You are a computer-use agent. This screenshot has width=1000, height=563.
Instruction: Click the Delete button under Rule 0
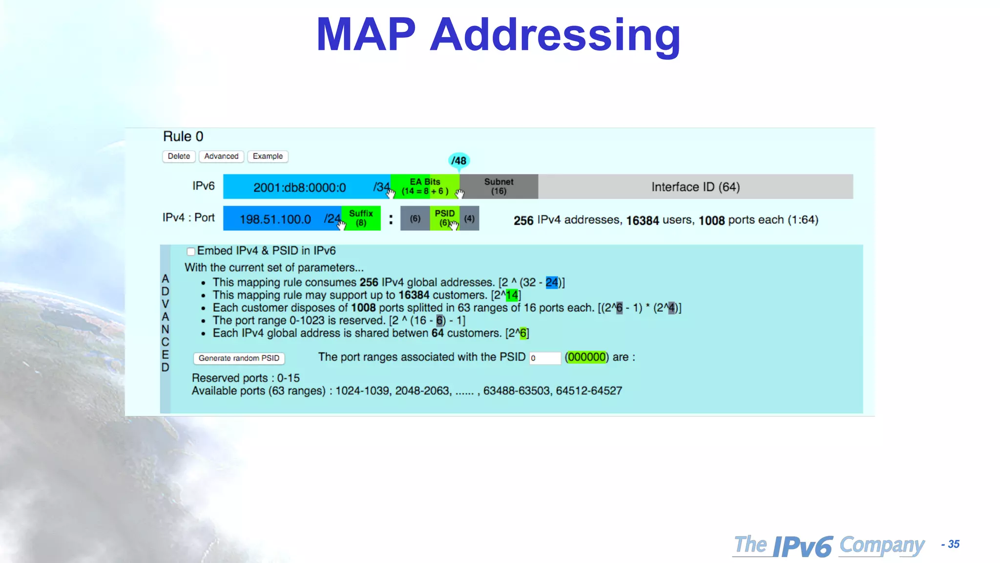179,156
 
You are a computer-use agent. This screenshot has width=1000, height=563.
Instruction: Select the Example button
268,156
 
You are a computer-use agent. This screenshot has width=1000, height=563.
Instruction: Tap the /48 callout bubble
458,160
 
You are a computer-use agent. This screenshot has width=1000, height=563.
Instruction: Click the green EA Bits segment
424,187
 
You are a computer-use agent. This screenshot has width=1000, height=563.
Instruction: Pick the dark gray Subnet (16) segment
499,187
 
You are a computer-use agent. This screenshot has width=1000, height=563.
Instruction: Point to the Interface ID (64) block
695,187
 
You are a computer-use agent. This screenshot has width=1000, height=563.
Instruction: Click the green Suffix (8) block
361,218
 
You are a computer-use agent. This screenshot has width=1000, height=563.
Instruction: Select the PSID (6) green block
444,218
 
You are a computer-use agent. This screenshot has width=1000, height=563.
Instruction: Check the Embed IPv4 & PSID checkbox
191,252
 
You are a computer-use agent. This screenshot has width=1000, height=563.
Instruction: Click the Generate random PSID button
239,358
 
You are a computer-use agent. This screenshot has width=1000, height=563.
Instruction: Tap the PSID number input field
545,358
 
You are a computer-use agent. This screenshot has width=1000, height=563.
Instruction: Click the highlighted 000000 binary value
586,357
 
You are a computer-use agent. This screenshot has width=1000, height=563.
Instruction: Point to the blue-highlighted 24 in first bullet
551,282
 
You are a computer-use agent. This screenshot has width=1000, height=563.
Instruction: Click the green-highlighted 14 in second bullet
512,295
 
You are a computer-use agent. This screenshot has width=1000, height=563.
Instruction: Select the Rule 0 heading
183,136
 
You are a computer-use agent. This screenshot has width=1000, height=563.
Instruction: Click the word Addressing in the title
555,35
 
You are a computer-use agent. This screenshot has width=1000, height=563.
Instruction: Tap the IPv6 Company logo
829,545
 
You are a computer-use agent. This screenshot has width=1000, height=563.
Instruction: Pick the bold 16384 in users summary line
643,221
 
